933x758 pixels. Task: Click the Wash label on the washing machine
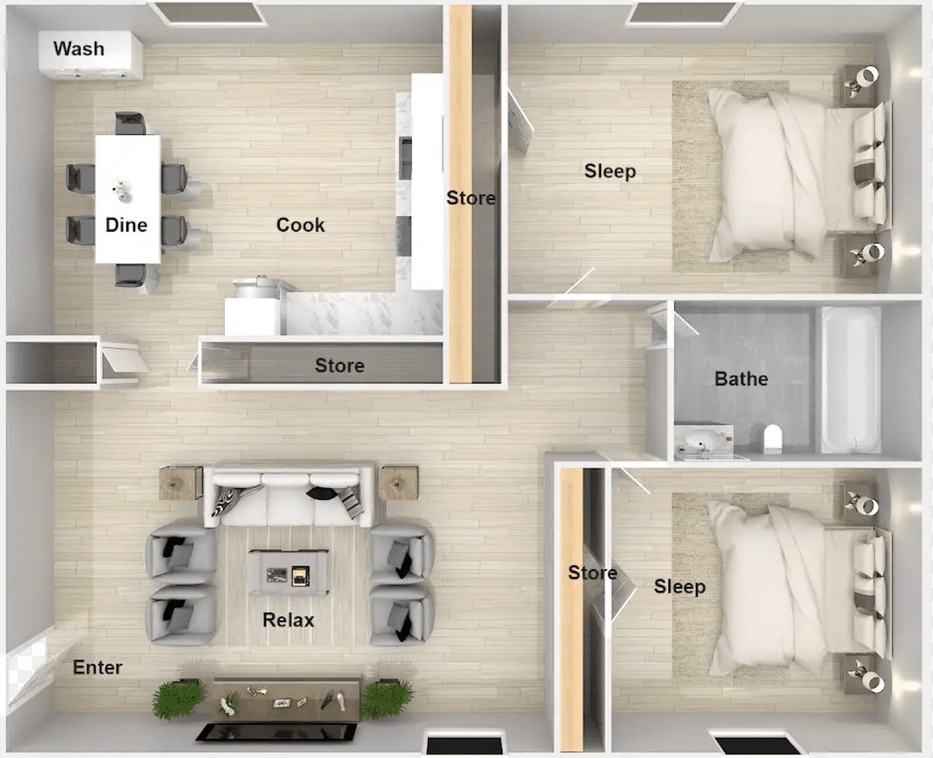pos(79,48)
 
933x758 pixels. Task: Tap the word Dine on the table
pos(126,225)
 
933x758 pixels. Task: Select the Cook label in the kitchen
pos(300,225)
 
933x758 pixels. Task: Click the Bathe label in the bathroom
pos(741,379)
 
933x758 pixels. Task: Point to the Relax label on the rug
pos(289,620)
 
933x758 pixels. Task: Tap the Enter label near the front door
pos(97,667)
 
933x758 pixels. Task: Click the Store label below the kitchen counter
pos(340,365)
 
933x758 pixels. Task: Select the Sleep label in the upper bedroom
pos(610,171)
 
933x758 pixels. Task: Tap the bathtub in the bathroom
pos(851,380)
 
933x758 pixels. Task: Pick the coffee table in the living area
pos(289,572)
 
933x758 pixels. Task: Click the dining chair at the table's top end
pos(130,123)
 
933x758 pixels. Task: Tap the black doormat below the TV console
pos(276,732)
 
